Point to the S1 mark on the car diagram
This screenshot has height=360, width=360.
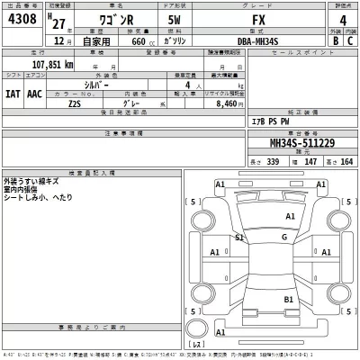239,238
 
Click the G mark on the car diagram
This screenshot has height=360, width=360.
283,237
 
